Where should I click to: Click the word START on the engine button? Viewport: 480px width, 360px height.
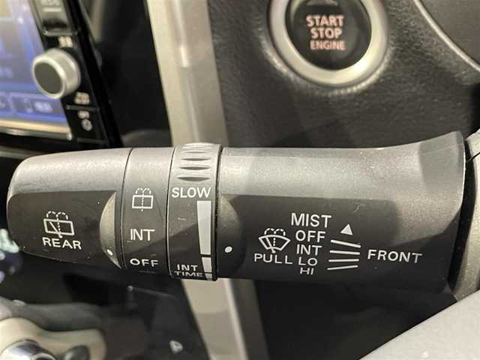325,22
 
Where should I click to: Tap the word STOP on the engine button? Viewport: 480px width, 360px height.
326,33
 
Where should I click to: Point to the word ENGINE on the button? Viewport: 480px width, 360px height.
328,45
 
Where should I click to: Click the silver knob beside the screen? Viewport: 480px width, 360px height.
55,73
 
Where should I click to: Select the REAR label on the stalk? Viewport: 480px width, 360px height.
62,243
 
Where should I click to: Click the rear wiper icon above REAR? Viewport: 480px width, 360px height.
59,223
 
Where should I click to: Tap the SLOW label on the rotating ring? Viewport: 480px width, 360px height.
191,192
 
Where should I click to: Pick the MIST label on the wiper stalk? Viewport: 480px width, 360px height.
311,220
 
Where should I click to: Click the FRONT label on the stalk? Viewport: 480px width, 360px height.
394,256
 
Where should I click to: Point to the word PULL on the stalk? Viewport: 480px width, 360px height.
273,258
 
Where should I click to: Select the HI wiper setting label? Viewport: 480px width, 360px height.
307,271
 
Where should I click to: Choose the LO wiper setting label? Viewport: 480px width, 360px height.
307,261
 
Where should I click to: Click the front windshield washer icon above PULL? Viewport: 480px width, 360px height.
274,239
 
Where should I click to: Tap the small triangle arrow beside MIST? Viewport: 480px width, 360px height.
346,229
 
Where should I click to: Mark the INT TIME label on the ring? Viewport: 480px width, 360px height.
188,271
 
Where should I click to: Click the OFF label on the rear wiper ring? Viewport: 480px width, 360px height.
144,262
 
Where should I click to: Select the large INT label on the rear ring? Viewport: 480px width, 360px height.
142,235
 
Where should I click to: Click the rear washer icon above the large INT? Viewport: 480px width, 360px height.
142,199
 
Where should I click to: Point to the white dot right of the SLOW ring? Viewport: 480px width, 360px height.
228,250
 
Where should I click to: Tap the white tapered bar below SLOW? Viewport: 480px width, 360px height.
204,235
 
